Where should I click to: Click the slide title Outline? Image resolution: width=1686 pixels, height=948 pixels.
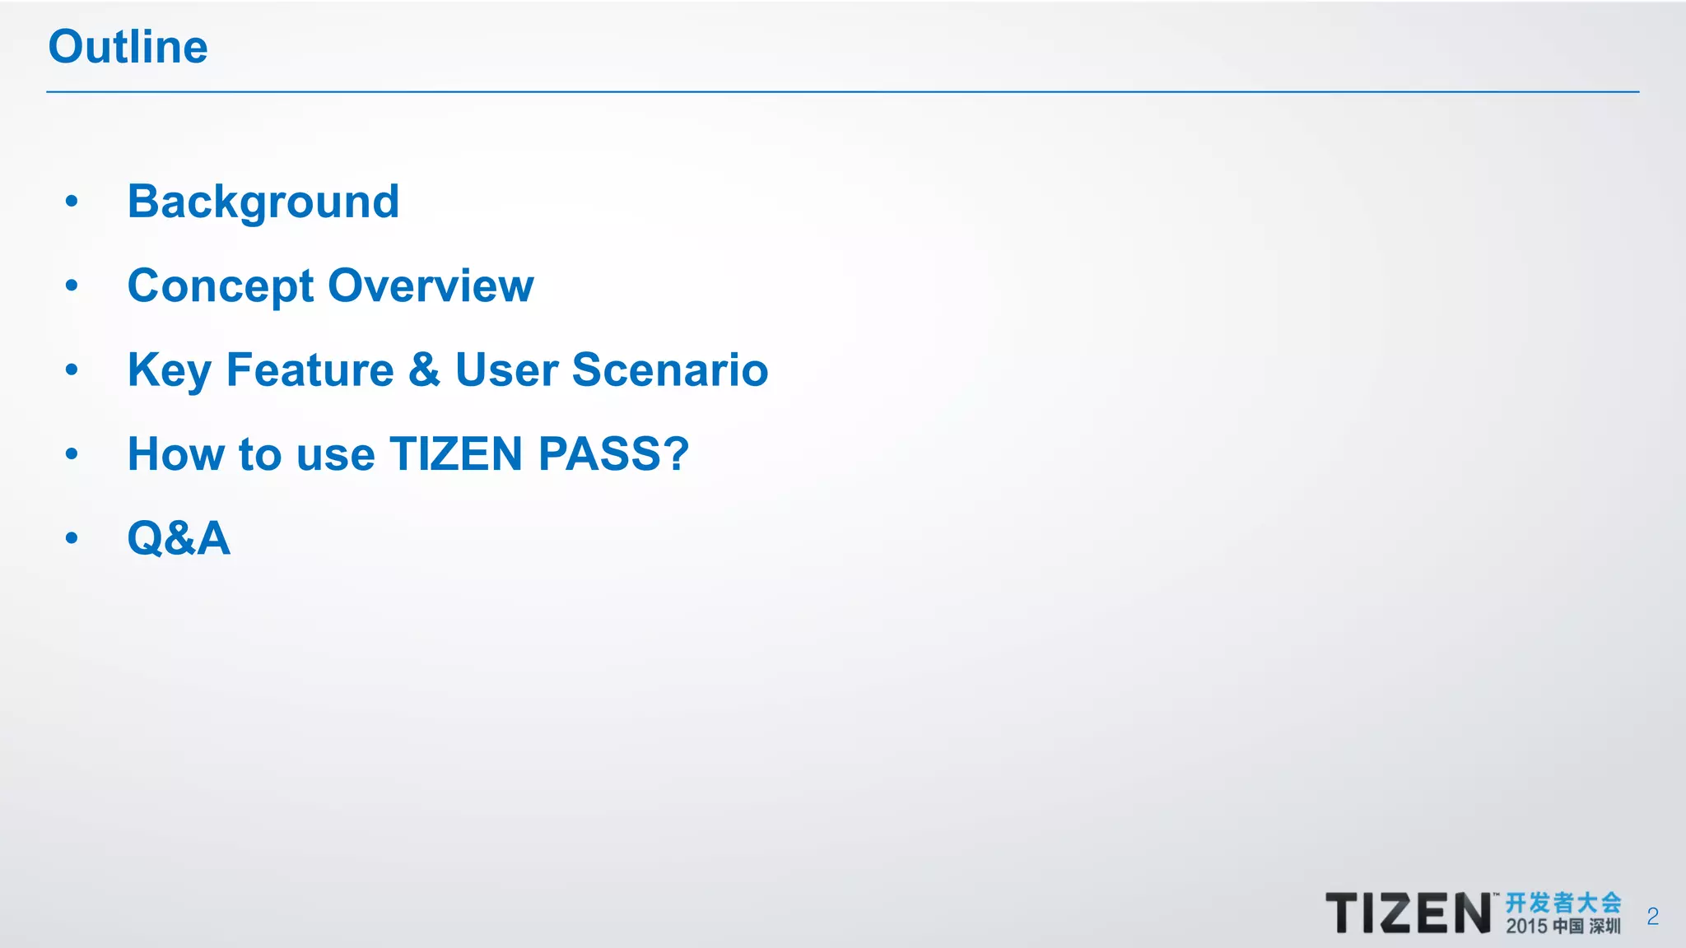(128, 46)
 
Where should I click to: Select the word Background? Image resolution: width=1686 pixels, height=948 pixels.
(263, 202)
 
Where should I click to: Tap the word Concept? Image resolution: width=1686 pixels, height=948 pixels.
(221, 286)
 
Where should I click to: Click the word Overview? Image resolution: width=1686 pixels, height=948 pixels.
(431, 286)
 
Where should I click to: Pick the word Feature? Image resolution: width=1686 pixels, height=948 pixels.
(310, 369)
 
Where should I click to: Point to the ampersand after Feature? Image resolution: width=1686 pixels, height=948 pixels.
(424, 369)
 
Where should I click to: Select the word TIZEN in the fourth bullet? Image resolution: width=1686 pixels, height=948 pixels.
(456, 453)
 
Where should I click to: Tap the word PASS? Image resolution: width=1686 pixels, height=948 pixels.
(613, 453)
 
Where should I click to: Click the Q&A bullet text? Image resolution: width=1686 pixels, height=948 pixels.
(179, 538)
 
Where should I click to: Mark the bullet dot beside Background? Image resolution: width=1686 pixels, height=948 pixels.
(72, 201)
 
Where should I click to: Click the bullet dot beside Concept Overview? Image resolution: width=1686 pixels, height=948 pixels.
(72, 286)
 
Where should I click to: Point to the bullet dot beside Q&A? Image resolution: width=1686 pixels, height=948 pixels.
(72, 538)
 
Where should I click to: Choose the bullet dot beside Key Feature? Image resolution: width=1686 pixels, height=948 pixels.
(72, 369)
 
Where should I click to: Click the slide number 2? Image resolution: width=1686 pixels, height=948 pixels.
(1652, 916)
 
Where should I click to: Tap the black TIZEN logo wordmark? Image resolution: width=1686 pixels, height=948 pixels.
(1408, 913)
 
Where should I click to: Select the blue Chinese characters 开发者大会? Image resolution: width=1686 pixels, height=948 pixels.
(1563, 903)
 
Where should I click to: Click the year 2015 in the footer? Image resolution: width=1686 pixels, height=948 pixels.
(1526, 927)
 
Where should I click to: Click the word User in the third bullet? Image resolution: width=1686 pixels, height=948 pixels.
(506, 369)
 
